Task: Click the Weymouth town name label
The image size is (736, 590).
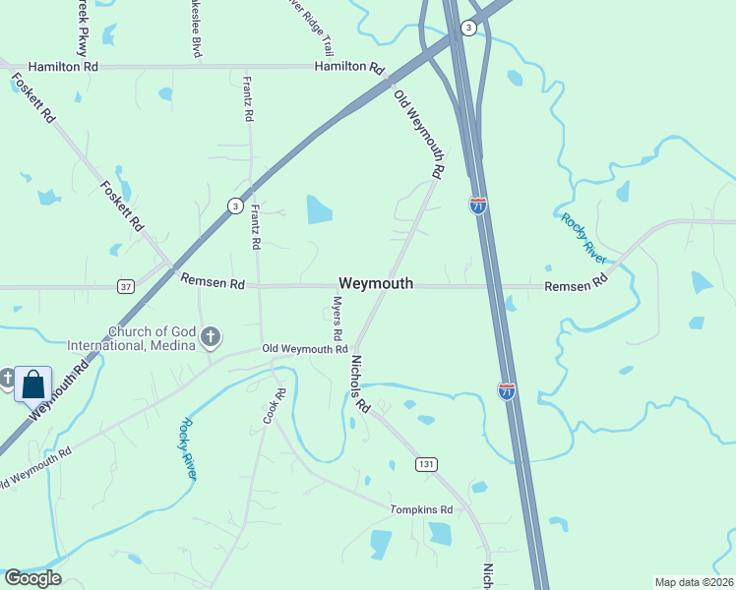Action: coord(376,283)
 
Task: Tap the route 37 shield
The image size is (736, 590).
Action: coord(125,286)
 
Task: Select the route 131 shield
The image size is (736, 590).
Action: coord(425,463)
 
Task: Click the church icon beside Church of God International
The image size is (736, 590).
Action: coord(209,338)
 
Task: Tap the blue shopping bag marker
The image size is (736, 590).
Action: coord(32,383)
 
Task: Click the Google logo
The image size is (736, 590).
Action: coord(32,578)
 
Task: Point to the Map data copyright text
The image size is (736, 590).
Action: coord(694,582)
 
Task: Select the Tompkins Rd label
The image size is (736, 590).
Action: coord(420,509)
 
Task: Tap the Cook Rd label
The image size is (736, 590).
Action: coord(273,406)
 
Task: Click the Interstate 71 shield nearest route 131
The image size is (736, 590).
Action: coord(506,391)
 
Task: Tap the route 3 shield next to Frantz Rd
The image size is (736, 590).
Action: coord(234,206)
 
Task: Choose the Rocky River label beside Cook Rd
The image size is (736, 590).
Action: coord(188,448)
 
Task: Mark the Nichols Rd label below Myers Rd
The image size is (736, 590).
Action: coord(359,383)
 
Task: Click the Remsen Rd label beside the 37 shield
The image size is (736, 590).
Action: coord(213,282)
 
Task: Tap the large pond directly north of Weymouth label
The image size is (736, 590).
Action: coord(319,208)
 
